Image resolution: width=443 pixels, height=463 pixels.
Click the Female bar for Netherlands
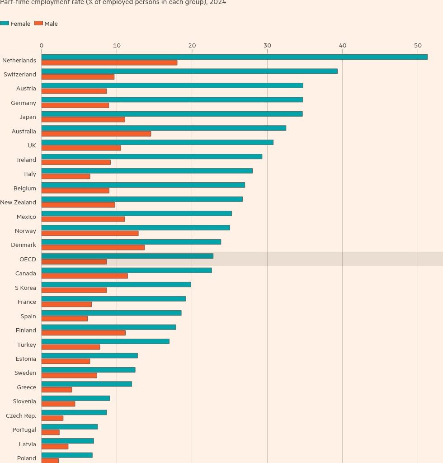[234, 57]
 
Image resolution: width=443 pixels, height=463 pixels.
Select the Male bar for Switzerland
[78, 77]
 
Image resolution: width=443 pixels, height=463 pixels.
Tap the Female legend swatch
[5, 24]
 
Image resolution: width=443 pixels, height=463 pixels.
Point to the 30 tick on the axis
[267, 46]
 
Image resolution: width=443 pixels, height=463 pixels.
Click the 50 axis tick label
[418, 46]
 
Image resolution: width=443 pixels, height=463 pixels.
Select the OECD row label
[28, 259]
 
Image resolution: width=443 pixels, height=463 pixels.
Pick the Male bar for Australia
[96, 134]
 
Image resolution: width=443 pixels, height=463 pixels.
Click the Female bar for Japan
[172, 114]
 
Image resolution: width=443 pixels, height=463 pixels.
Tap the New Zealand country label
[18, 202]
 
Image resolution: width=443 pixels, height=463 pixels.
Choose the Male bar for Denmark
[93, 247]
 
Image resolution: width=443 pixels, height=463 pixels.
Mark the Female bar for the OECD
[127, 256]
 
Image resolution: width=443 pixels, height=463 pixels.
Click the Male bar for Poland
[50, 460]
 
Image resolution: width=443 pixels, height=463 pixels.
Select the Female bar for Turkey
[105, 341]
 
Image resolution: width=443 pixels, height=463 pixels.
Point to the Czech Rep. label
[21, 416]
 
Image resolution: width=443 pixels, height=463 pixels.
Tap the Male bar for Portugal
[51, 432]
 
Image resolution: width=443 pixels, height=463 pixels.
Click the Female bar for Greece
[87, 384]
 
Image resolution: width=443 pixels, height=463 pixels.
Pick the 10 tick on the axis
[117, 46]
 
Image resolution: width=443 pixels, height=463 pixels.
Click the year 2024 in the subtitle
[218, 2]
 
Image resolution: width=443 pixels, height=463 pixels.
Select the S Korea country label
[25, 288]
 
